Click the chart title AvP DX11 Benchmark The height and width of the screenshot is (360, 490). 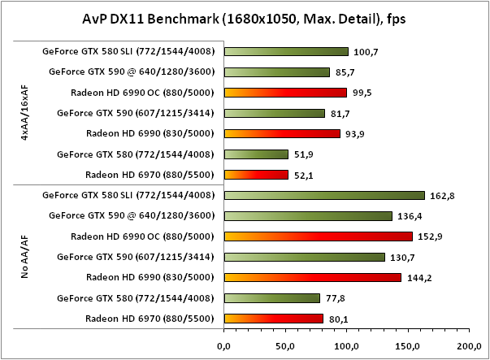(245, 16)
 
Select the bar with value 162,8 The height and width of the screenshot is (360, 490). (324, 195)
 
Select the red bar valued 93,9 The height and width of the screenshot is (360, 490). (282, 133)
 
